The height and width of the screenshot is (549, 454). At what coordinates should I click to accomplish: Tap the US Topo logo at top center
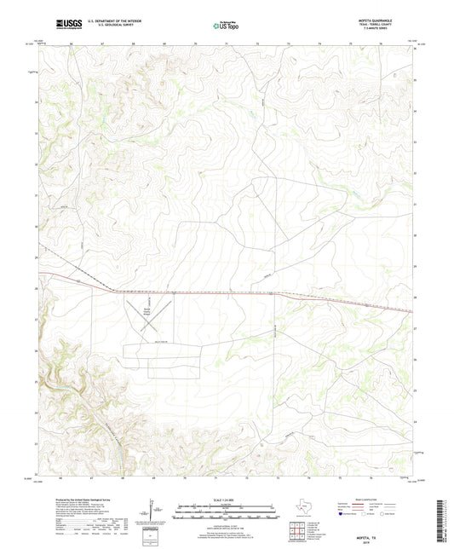(226, 26)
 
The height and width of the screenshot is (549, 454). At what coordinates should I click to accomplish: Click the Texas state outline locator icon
(302, 511)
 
